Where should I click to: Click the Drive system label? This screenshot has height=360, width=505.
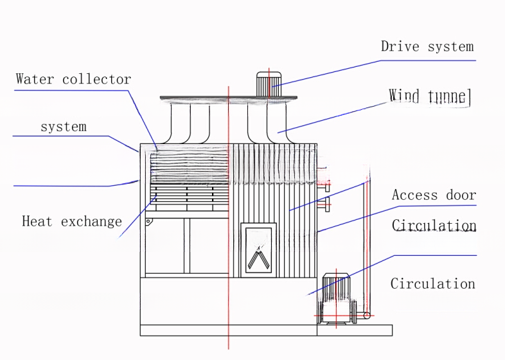pos(427,46)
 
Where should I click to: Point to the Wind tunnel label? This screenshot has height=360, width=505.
pos(430,96)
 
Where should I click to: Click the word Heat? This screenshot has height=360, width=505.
pos(37,222)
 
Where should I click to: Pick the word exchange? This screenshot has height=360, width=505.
pos(91,222)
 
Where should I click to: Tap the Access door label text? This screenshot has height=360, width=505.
pos(434,195)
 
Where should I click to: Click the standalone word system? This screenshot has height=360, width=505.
pos(63,127)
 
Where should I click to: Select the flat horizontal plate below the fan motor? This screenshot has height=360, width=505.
pos(229,98)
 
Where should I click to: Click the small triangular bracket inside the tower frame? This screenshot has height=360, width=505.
pos(148,222)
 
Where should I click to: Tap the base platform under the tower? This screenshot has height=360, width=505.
pos(266,330)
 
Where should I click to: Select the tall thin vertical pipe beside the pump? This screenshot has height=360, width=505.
pos(367,244)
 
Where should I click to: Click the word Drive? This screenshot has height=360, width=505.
pos(398,46)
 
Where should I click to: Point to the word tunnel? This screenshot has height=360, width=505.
pos(450,96)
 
